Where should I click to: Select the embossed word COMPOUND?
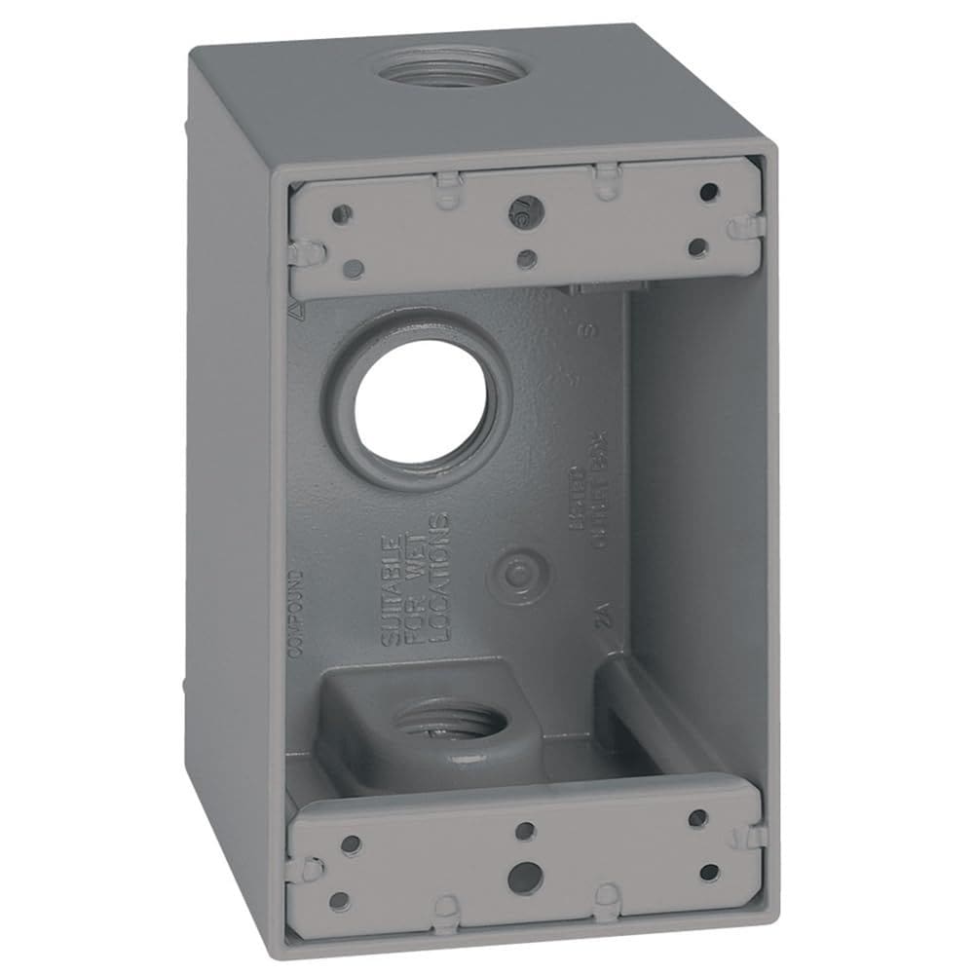[296, 614]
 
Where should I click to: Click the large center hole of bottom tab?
[525, 870]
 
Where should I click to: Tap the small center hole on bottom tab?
[524, 830]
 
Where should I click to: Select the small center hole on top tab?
[526, 258]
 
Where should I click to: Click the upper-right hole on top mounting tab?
[709, 192]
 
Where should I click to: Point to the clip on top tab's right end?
[742, 227]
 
